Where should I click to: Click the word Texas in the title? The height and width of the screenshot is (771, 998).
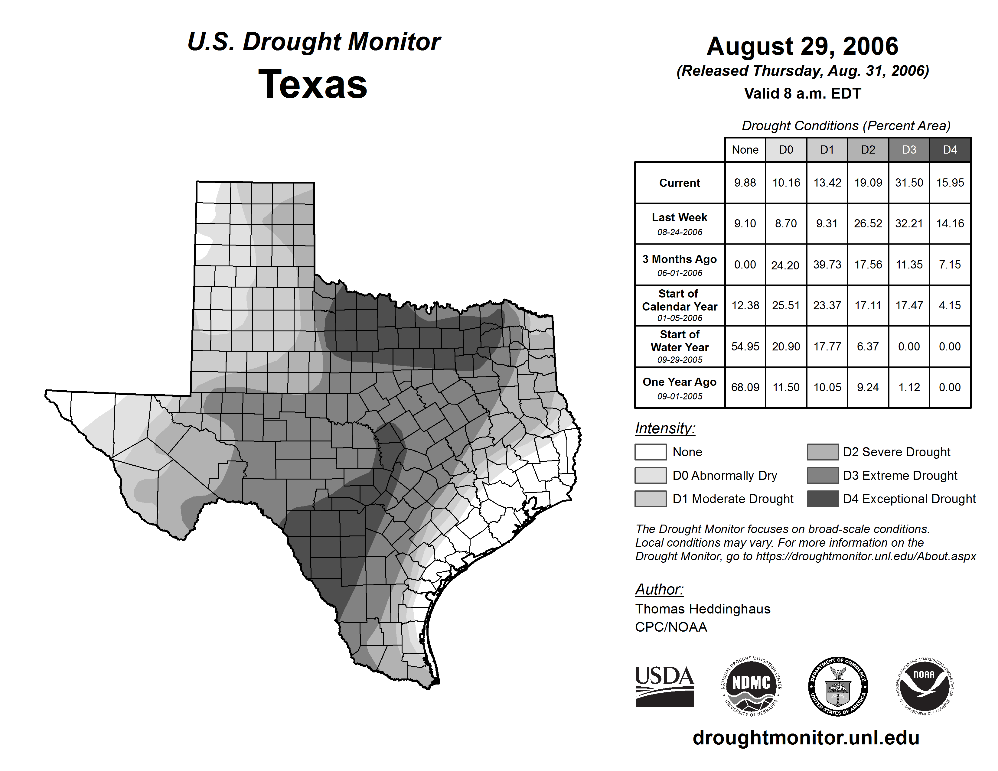313,84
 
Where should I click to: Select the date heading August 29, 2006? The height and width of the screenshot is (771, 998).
802,46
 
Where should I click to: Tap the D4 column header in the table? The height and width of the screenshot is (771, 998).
950,150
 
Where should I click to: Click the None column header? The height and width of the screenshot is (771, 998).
745,150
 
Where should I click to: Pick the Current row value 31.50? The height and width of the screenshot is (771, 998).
909,183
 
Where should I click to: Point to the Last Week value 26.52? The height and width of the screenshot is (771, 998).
868,223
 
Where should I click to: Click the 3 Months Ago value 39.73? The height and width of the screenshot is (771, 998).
827,265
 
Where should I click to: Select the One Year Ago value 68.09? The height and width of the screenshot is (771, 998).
745,387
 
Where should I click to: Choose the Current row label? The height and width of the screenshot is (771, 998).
680,183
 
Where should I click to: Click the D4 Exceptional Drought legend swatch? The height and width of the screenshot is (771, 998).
823,499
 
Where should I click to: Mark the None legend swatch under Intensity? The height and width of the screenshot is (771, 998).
650,452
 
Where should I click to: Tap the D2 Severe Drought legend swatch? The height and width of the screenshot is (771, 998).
823,452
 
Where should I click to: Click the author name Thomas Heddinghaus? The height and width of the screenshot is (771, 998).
702,609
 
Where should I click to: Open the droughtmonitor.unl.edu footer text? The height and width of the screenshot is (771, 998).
806,738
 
